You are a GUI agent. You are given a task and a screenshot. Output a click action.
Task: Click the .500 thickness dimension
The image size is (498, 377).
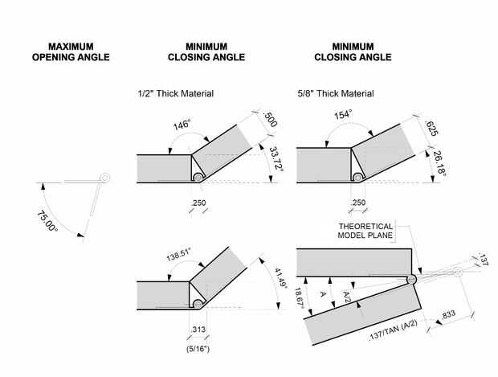[271, 121]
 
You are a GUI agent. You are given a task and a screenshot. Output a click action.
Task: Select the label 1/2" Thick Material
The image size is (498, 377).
[176, 94]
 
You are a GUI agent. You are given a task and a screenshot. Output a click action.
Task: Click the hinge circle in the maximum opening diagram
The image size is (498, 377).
[104, 177]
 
